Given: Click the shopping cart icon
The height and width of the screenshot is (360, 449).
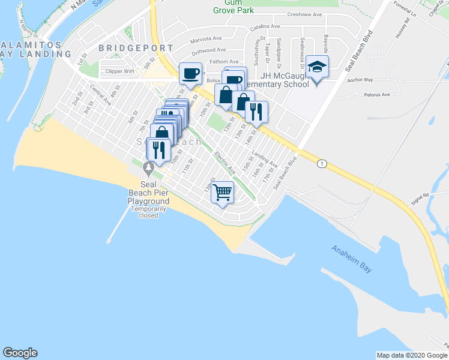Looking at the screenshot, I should click(x=223, y=193).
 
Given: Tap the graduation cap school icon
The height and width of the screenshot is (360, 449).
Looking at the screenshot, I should click(x=316, y=67).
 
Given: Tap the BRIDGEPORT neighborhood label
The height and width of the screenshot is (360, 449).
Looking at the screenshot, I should click(x=136, y=47).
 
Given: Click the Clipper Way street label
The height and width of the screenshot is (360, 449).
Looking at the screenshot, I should click(x=120, y=71).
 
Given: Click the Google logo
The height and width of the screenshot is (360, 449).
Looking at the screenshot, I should click(x=20, y=353).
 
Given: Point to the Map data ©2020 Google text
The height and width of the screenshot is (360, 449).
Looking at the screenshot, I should click(x=412, y=355).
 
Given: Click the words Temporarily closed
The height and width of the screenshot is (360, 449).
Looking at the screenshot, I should click(x=148, y=212).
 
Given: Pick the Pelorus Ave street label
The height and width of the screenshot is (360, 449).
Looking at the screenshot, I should click(x=376, y=94).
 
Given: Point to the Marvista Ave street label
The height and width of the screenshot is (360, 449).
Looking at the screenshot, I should click(x=206, y=40).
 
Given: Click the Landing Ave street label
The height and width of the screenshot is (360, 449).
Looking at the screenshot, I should click(x=265, y=159).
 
